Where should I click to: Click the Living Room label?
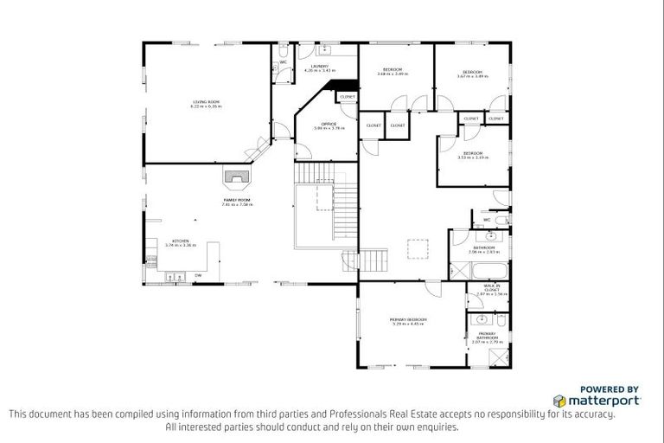[206, 103]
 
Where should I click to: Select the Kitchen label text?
[180, 241]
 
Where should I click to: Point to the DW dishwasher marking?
[198, 276]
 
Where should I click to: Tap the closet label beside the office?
[348, 96]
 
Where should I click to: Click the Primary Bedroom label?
[409, 319]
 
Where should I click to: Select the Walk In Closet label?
[492, 286]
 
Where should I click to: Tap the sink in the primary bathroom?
[482, 320]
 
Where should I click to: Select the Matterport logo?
[597, 401]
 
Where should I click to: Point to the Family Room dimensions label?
[237, 204]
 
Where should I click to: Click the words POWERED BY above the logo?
[609, 389]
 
